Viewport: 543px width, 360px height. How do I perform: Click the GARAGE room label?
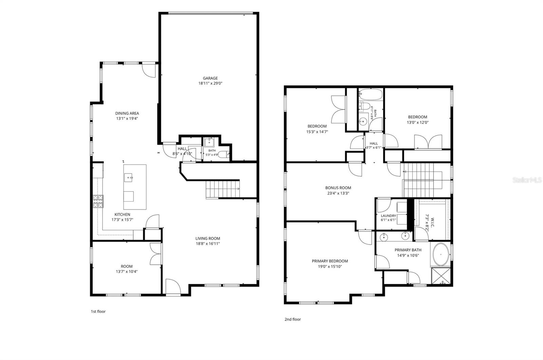click(210, 78)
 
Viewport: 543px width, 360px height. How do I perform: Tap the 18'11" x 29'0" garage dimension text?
click(210, 83)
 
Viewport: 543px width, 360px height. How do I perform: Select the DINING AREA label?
click(127, 113)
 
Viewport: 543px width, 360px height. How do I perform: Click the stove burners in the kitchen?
click(98, 201)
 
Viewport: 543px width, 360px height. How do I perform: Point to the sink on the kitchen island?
click(128, 177)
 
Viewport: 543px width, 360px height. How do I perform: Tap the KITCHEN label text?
click(122, 214)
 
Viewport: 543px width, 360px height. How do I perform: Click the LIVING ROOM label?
click(208, 238)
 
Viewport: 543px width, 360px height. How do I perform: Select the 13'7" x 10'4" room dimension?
click(127, 272)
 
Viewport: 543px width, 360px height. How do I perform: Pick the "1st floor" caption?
click(98, 311)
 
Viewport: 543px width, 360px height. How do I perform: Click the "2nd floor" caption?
click(293, 319)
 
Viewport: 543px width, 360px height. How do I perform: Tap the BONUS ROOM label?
click(338, 188)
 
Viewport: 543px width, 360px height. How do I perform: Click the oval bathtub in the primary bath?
click(441, 255)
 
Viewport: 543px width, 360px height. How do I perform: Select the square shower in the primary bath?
click(441, 276)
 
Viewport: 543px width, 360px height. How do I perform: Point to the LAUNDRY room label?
click(388, 216)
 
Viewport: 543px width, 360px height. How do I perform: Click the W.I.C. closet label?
click(433, 221)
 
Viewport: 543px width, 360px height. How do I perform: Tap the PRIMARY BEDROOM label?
click(330, 261)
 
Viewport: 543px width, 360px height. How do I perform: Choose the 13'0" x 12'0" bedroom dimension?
click(417, 122)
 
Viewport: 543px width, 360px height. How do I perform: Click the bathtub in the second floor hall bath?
click(370, 94)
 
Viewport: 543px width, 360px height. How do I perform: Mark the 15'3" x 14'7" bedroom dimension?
click(317, 132)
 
